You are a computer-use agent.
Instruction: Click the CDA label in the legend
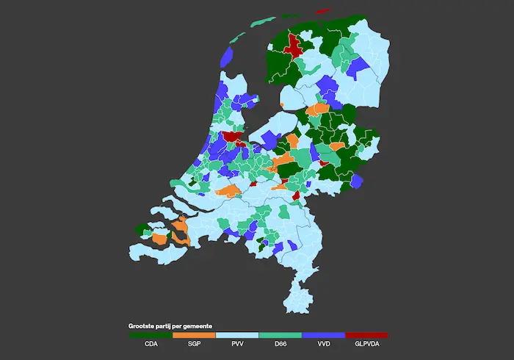pyautogui.click(x=151, y=343)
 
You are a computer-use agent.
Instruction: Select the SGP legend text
pyautogui.click(x=194, y=343)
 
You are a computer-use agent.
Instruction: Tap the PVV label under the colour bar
pyautogui.click(x=237, y=343)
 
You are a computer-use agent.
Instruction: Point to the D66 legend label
pyautogui.click(x=280, y=343)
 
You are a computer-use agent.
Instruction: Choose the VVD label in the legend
pyautogui.click(x=323, y=343)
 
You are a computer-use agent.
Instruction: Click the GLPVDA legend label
pyautogui.click(x=366, y=343)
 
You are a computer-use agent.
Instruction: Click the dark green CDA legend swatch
pyautogui.click(x=151, y=334)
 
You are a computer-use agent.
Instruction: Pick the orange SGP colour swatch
pyautogui.click(x=194, y=334)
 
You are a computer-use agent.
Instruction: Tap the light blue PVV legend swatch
pyautogui.click(x=237, y=334)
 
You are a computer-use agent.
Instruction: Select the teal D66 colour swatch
pyautogui.click(x=280, y=334)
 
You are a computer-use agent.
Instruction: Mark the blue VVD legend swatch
pyautogui.click(x=323, y=334)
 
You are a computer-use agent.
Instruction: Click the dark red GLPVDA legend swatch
pyautogui.click(x=366, y=334)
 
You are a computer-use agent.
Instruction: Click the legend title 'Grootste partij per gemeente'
pyautogui.click(x=171, y=325)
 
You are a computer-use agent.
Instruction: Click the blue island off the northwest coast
pyautogui.click(x=227, y=56)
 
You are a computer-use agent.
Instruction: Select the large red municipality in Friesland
pyautogui.click(x=293, y=46)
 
